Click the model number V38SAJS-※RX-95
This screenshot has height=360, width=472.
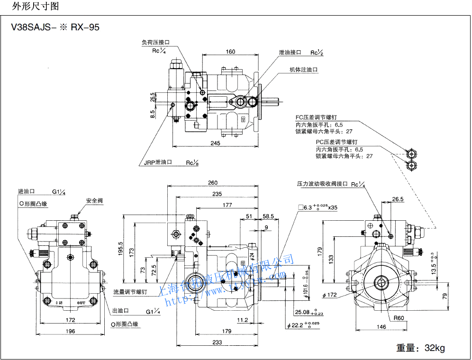pos(55,27)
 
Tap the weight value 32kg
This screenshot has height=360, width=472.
pos(434,348)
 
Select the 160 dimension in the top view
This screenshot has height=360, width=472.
pos(230,52)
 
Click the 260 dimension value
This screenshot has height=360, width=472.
pos(212,183)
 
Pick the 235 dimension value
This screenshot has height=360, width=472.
pos(217,194)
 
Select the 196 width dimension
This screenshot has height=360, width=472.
pos(70,331)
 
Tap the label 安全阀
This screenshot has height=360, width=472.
pos(94,201)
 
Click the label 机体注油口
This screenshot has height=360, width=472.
pos(304,70)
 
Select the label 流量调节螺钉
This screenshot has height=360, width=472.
pos(130,292)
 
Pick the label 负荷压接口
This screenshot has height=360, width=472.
pos(155,42)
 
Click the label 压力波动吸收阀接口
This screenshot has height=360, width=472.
pos(322,184)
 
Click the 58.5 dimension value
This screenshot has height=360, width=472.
pos(269,216)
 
